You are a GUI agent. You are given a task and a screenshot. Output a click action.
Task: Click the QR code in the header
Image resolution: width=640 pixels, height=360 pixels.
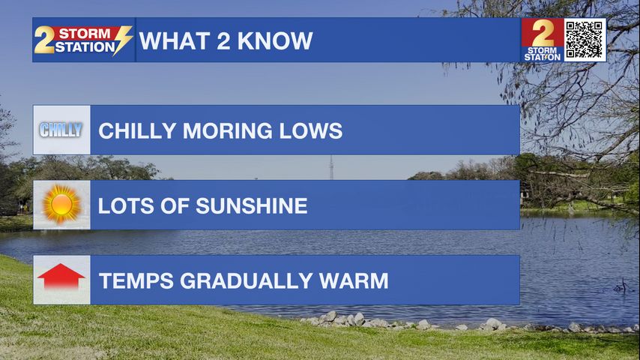point(585,40)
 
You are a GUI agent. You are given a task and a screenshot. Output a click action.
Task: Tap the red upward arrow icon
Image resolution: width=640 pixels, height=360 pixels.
point(61,277)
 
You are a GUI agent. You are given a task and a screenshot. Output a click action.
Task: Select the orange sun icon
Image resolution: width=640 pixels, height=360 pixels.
point(61,204)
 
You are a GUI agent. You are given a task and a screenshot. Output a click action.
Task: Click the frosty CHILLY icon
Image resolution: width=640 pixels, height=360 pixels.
point(61,130)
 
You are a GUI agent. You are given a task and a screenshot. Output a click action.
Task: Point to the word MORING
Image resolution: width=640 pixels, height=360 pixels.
point(227,130)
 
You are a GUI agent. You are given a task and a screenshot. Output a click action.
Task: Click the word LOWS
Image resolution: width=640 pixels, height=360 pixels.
point(310,130)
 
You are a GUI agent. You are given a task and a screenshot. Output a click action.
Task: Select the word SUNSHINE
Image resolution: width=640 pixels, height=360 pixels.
point(252,205)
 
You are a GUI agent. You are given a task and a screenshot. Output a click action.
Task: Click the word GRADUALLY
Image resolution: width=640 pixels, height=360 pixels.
point(246,280)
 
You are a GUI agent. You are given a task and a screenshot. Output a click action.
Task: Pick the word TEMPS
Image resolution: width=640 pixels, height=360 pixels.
point(136,280)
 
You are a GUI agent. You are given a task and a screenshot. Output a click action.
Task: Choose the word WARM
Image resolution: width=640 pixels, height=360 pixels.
point(354,280)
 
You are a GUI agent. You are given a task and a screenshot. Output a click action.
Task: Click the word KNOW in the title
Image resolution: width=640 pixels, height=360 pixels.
point(275,40)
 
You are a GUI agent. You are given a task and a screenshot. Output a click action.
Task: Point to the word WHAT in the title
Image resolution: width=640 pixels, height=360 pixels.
point(174,40)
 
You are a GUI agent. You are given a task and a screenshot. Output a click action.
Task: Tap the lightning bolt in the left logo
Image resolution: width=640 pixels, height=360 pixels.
point(122,40)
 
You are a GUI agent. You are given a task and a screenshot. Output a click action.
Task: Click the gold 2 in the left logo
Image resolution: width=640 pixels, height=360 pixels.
point(44,40)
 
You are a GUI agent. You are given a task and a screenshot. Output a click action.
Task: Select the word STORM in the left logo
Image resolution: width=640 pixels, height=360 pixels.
point(85,33)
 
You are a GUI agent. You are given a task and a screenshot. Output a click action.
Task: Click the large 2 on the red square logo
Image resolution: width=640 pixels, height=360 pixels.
point(543,33)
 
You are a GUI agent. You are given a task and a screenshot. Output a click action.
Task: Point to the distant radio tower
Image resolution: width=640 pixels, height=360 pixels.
point(331,167)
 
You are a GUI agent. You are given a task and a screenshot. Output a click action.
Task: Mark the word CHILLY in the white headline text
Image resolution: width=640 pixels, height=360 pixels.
point(137,130)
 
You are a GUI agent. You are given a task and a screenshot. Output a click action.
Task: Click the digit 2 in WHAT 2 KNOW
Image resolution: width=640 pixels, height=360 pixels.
point(223,40)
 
